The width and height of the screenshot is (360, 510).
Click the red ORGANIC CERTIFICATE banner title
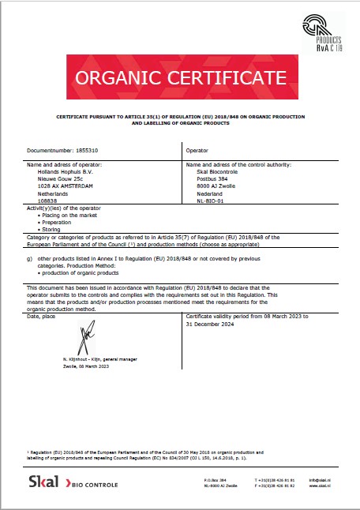[x=180, y=77]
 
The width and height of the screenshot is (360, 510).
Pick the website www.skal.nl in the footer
[x=319, y=486]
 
